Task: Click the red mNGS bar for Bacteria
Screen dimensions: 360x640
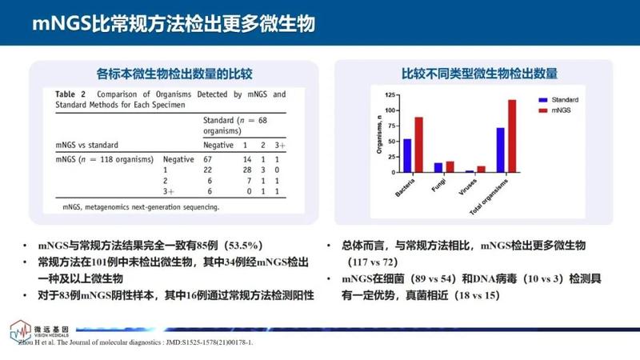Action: [418, 145]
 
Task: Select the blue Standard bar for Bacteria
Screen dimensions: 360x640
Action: [407, 155]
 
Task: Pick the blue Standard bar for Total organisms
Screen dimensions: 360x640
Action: [501, 150]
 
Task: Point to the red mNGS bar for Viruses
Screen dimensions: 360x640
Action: [481, 169]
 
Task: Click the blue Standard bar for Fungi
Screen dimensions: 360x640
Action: [438, 167]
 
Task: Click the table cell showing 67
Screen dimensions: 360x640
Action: [210, 159]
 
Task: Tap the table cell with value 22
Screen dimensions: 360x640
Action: [210, 170]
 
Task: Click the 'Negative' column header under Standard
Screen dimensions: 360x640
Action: [218, 145]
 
